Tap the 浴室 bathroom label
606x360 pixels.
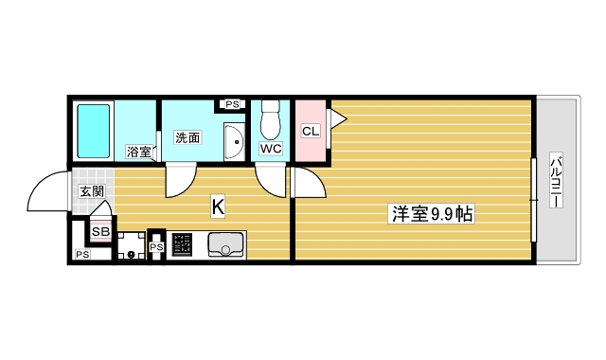click(x=139, y=152)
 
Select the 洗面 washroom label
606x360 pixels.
click(x=187, y=137)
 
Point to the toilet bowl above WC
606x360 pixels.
click(x=271, y=121)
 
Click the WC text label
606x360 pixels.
click(x=271, y=149)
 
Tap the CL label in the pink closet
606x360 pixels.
click(x=310, y=131)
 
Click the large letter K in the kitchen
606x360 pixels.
click(x=217, y=204)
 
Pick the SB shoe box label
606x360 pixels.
click(x=100, y=230)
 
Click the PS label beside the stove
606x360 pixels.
click(x=156, y=247)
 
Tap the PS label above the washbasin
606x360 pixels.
click(x=232, y=104)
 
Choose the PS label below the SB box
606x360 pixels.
click(x=82, y=254)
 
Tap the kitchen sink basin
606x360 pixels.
click(x=224, y=245)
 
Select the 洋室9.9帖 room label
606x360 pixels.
click(x=432, y=215)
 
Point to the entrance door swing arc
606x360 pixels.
click(x=45, y=194)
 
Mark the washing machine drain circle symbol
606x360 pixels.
click(x=131, y=254)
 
